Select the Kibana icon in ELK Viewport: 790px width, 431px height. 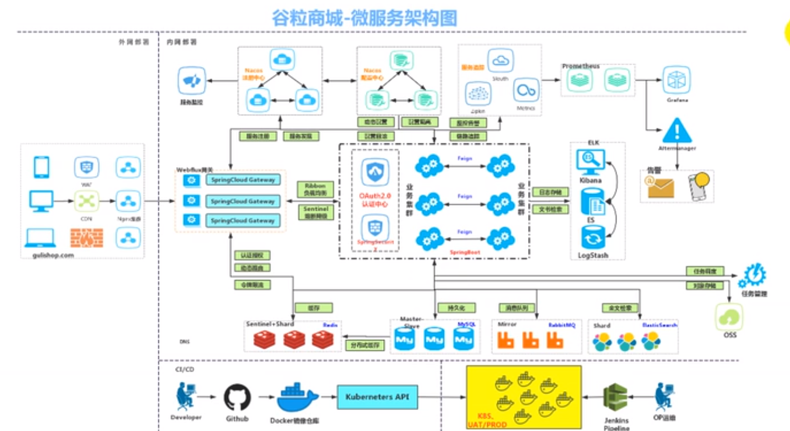tap(591, 161)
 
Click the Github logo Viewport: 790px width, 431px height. tap(237, 398)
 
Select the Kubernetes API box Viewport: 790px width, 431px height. tap(377, 398)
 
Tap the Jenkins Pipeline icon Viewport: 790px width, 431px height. tap(615, 399)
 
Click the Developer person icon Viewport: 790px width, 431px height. tap(185, 398)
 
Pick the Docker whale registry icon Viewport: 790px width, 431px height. tap(300, 399)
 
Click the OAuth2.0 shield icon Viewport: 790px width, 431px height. tap(377, 172)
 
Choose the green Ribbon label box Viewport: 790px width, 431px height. tap(315, 189)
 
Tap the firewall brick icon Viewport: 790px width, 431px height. tap(86, 238)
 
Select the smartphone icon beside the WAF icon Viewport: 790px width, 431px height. tap(41, 167)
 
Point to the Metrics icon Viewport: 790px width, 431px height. tap(525, 91)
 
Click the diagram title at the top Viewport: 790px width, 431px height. tap(364, 18)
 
